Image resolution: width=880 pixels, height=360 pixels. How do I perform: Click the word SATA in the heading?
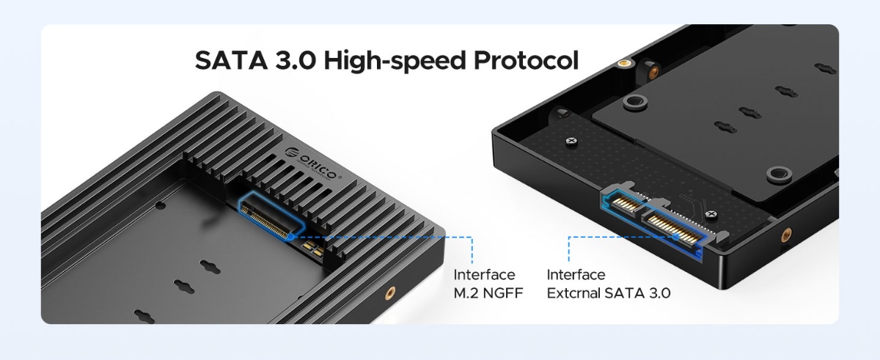[231, 60]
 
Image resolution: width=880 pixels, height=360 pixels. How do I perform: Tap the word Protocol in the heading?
[526, 60]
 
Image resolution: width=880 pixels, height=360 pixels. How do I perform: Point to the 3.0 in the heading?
[295, 60]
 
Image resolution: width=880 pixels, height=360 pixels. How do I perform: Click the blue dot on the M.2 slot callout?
[290, 237]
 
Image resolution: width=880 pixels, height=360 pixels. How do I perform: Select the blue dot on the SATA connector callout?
[675, 237]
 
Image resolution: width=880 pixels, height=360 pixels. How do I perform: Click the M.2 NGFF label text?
[488, 293]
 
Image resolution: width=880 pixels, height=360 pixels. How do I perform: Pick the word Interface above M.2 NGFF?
[484, 275]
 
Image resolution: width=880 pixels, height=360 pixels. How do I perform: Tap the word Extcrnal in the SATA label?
[573, 293]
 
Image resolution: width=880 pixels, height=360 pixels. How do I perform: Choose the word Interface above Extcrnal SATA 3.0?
[576, 275]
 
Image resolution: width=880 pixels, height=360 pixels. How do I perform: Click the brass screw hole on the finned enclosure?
[390, 292]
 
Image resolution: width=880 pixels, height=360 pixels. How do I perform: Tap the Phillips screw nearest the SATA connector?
[711, 214]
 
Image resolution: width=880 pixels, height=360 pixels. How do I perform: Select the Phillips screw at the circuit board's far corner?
[571, 141]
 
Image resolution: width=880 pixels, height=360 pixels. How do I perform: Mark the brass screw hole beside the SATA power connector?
[786, 235]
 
